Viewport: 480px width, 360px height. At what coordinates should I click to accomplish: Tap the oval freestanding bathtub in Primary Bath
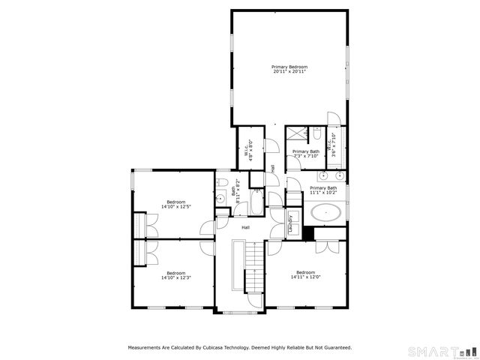pos(326,212)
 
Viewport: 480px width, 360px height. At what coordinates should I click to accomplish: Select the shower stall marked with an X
pos(296,134)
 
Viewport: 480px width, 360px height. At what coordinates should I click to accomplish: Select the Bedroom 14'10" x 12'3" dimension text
pos(175,277)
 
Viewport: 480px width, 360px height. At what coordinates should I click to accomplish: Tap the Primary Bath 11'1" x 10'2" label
pos(323,190)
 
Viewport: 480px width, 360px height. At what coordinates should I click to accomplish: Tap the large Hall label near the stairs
pos(245,227)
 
